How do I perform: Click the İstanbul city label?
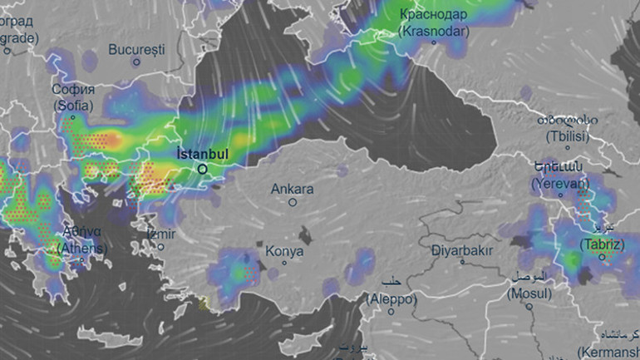[202, 153]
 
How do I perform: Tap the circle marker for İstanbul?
[202, 169]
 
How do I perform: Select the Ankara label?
[293, 189]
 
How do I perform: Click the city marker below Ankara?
[293, 202]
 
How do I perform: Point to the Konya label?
[284, 251]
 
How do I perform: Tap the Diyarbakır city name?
[463, 249]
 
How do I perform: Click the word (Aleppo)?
[390, 297]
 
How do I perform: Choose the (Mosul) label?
[529, 293]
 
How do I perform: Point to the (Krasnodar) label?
[432, 30]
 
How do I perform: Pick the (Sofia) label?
[73, 106]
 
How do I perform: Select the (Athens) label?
[81, 248]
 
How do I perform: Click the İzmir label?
[161, 234]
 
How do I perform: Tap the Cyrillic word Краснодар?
[433, 14]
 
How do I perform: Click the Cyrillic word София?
[73, 90]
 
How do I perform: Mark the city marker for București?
[135, 62]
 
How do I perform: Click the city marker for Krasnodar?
[433, 42]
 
